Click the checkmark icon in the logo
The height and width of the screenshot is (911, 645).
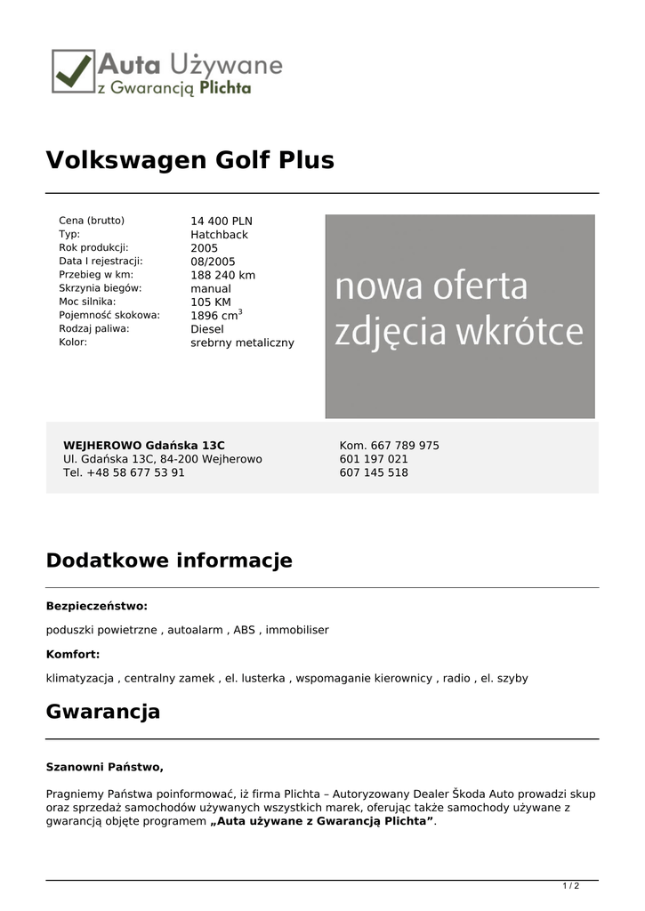[x=73, y=70]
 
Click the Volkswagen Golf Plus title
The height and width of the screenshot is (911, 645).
[x=189, y=160]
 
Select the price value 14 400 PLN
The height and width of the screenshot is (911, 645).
[x=222, y=222]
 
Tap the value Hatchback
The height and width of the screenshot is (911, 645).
[x=219, y=235]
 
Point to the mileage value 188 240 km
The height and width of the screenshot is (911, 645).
[x=222, y=275]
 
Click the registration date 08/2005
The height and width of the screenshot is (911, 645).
[x=213, y=262]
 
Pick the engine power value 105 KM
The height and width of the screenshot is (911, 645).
[x=210, y=302]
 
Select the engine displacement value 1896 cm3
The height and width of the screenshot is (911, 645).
[x=216, y=315]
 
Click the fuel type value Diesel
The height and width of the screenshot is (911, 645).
[x=207, y=329]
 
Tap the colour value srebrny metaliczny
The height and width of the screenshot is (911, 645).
[x=242, y=343]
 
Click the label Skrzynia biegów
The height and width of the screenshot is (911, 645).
[x=101, y=288]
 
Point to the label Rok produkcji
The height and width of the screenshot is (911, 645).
[x=93, y=248]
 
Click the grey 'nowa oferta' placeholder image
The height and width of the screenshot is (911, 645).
[x=459, y=316]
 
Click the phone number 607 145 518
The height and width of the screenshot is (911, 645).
[x=374, y=472]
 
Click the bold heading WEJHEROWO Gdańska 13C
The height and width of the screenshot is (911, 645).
[x=143, y=445]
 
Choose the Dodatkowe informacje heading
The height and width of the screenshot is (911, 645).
[x=169, y=560]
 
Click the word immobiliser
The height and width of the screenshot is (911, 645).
[x=296, y=630]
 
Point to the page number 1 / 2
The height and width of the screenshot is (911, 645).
[x=571, y=886]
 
